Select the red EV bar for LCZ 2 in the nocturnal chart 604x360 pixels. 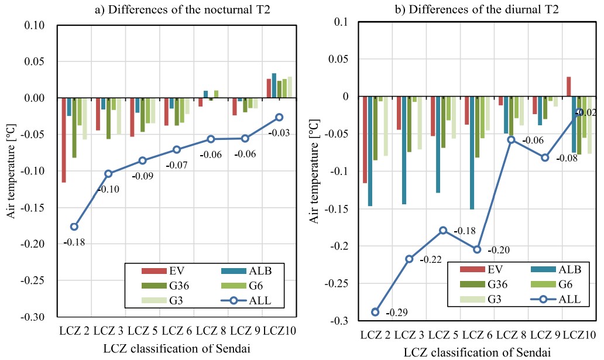point(64,140)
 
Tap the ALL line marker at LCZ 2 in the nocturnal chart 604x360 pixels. point(74,227)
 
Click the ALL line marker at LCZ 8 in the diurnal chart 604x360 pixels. point(511,139)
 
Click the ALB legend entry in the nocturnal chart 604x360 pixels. point(245,270)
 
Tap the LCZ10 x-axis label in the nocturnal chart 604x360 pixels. point(279,331)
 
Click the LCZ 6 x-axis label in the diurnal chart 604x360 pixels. point(476,335)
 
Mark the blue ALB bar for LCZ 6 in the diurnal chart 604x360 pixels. point(472,153)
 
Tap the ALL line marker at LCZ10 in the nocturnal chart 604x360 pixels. point(279,118)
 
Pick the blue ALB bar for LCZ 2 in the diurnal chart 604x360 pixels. point(370,151)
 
